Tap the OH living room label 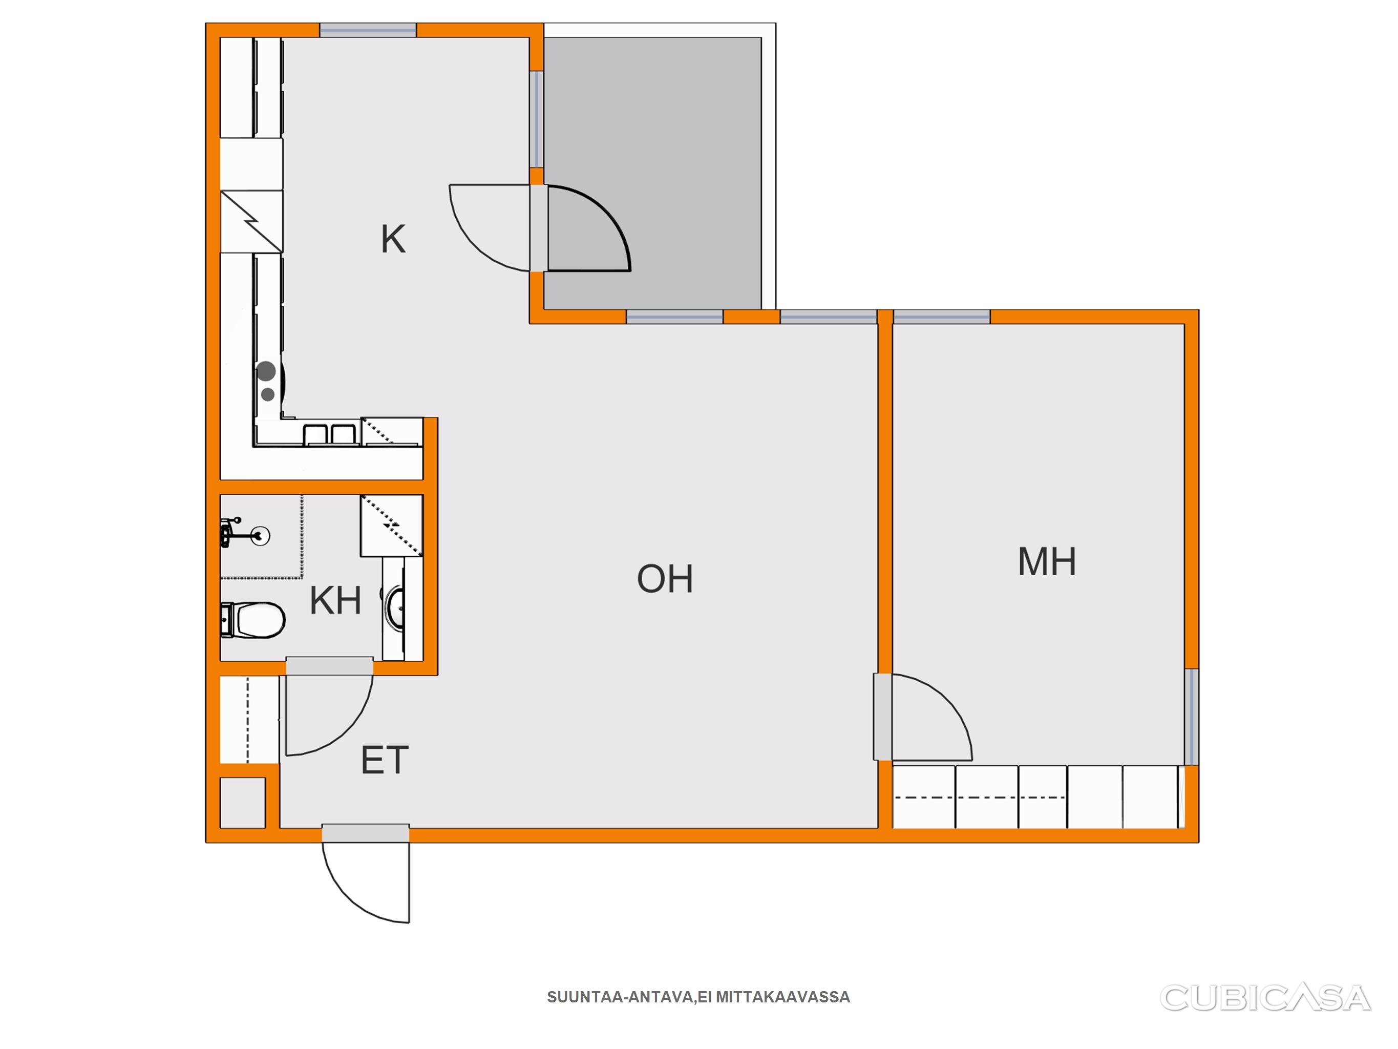[x=665, y=579]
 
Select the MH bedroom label [x=1047, y=561]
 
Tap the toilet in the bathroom [x=252, y=620]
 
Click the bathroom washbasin [x=395, y=609]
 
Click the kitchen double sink [x=329, y=435]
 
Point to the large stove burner [x=266, y=371]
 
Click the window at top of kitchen [x=368, y=30]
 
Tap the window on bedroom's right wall [x=1191, y=717]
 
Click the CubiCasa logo [x=1265, y=998]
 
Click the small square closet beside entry [x=242, y=803]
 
